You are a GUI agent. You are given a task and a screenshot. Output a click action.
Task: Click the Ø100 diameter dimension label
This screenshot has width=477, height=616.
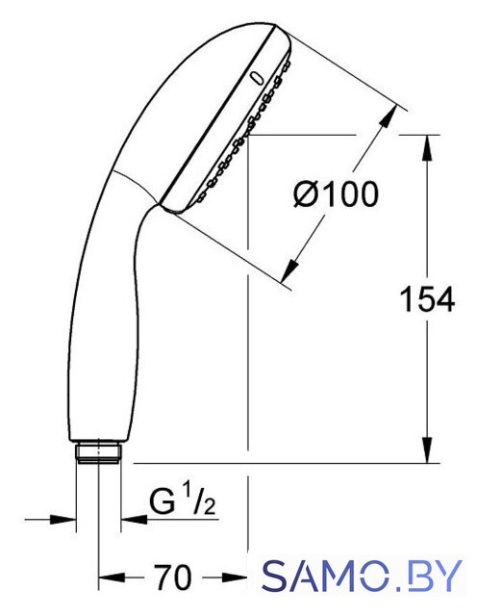(337, 194)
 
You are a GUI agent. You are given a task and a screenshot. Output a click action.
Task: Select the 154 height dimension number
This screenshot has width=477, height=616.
(427, 299)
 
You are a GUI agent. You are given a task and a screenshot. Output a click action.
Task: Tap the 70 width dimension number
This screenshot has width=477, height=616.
(173, 577)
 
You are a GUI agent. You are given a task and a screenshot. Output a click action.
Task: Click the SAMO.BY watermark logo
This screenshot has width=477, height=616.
(362, 576)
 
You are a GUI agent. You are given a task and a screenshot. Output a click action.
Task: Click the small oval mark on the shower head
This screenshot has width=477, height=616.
(257, 78)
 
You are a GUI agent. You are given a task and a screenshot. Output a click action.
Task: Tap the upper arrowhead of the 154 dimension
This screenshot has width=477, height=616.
(428, 147)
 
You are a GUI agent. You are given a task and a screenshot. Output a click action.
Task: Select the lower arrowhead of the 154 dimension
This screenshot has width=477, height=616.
(428, 450)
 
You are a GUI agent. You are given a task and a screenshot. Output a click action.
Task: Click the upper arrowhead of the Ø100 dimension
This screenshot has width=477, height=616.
(388, 116)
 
